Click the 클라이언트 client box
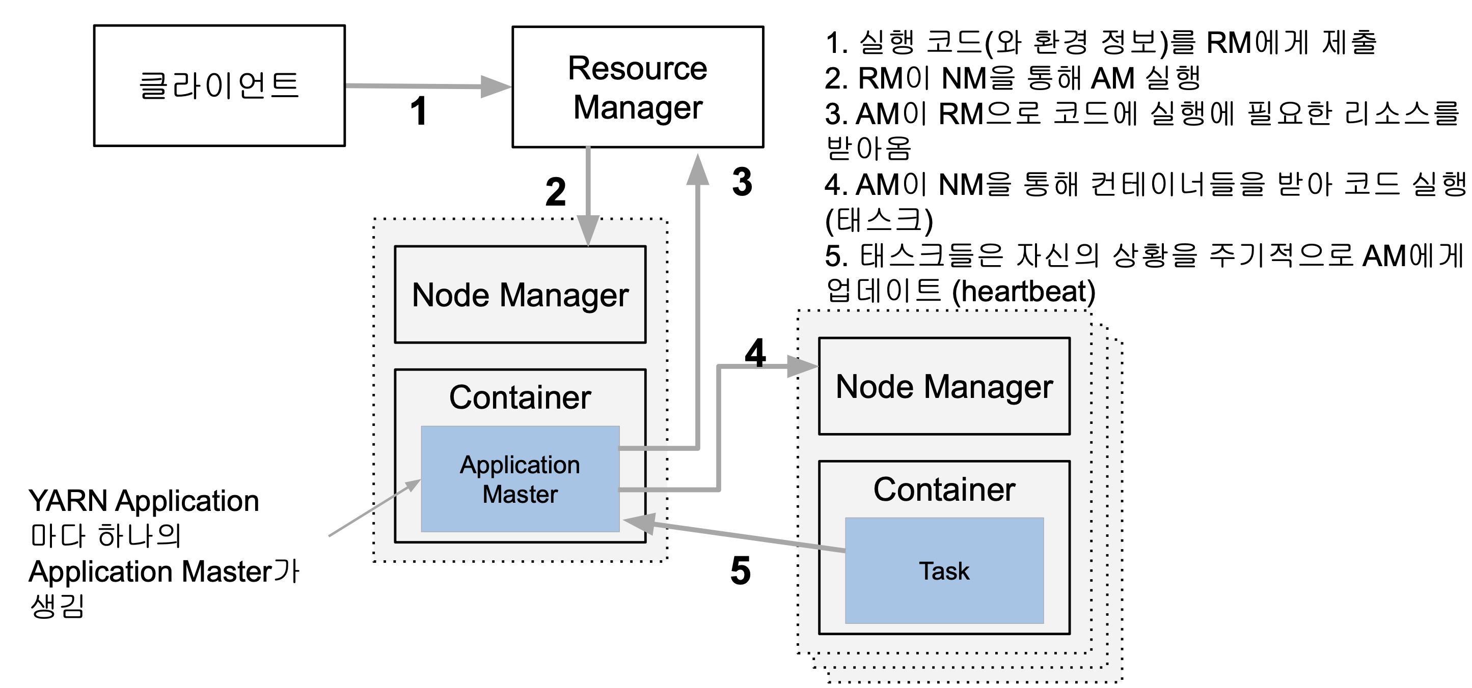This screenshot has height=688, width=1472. click(x=220, y=85)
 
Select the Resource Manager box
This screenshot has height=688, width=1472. click(x=638, y=87)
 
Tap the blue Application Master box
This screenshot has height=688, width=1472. click(x=520, y=478)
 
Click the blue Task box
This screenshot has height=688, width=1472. click(x=944, y=570)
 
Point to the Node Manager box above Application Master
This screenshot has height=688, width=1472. click(x=520, y=295)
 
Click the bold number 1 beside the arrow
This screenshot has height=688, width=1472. click(x=419, y=111)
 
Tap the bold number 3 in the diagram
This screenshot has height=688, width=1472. click(x=742, y=182)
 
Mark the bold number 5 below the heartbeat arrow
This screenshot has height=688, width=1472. click(x=741, y=570)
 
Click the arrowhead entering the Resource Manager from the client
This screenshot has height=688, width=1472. click(x=496, y=87)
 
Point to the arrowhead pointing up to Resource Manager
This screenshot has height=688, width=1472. click(x=698, y=169)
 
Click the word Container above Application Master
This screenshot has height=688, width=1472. click(x=520, y=397)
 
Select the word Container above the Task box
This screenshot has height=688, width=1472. click(x=944, y=490)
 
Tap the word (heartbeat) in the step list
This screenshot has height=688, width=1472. click(x=1023, y=291)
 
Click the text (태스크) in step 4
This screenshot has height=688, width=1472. click(x=879, y=220)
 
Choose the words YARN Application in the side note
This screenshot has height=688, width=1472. click(x=144, y=501)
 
